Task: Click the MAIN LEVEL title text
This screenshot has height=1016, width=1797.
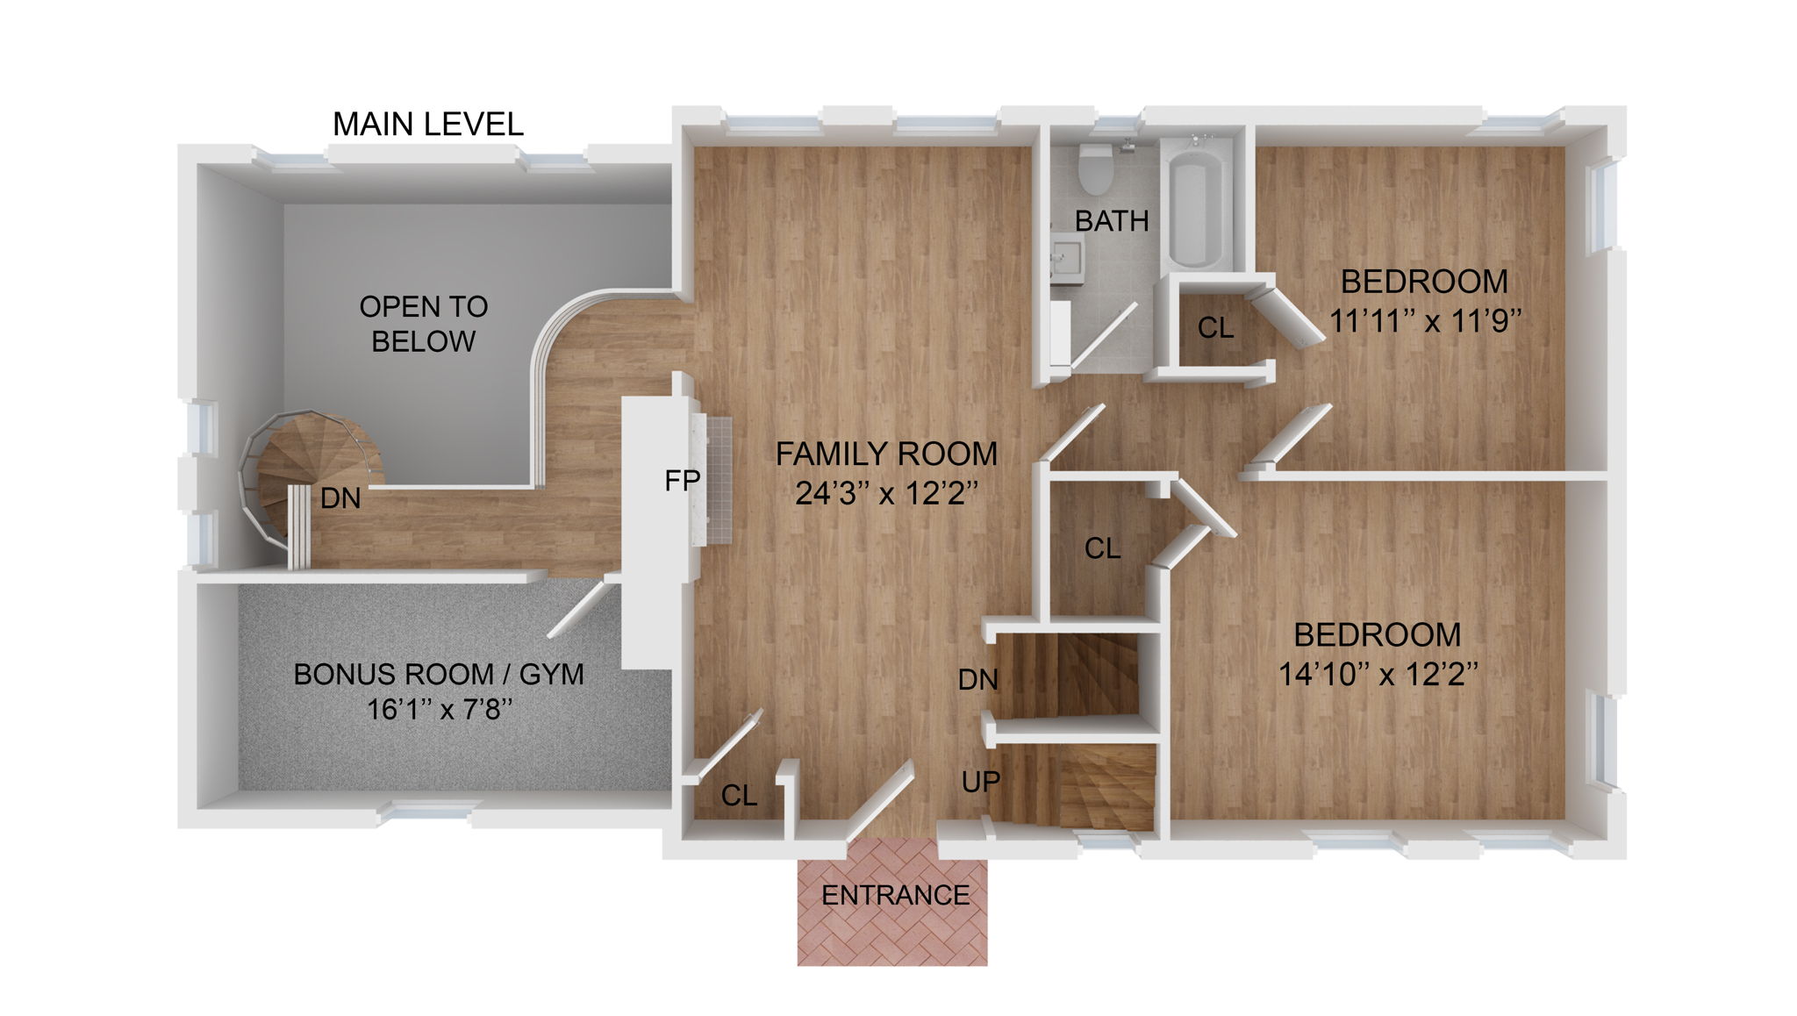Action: [x=427, y=125]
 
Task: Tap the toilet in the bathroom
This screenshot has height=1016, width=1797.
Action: [x=1094, y=168]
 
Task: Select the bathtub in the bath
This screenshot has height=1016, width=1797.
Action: [x=1197, y=210]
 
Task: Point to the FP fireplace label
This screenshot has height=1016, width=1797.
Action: [x=682, y=480]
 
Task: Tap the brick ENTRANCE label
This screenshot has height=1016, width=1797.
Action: [x=895, y=895]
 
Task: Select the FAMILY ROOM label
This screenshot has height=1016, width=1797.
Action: [x=886, y=454]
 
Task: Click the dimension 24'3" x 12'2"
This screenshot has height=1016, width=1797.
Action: [x=886, y=494]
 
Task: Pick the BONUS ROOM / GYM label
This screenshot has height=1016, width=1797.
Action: [x=438, y=674]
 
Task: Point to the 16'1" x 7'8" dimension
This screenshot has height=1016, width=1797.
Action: [x=439, y=709]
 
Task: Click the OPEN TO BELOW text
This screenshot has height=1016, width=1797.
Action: [x=423, y=324]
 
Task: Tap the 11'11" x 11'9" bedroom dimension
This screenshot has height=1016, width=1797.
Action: [x=1424, y=321]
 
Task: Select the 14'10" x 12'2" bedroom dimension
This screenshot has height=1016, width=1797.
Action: [x=1377, y=675]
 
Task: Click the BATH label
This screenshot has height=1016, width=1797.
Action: [x=1112, y=221]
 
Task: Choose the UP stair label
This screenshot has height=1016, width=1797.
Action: [x=980, y=781]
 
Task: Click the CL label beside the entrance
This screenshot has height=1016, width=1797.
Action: [x=739, y=796]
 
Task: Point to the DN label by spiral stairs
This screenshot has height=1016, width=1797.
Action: [x=340, y=498]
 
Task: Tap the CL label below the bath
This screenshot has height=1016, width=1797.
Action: [x=1215, y=328]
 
